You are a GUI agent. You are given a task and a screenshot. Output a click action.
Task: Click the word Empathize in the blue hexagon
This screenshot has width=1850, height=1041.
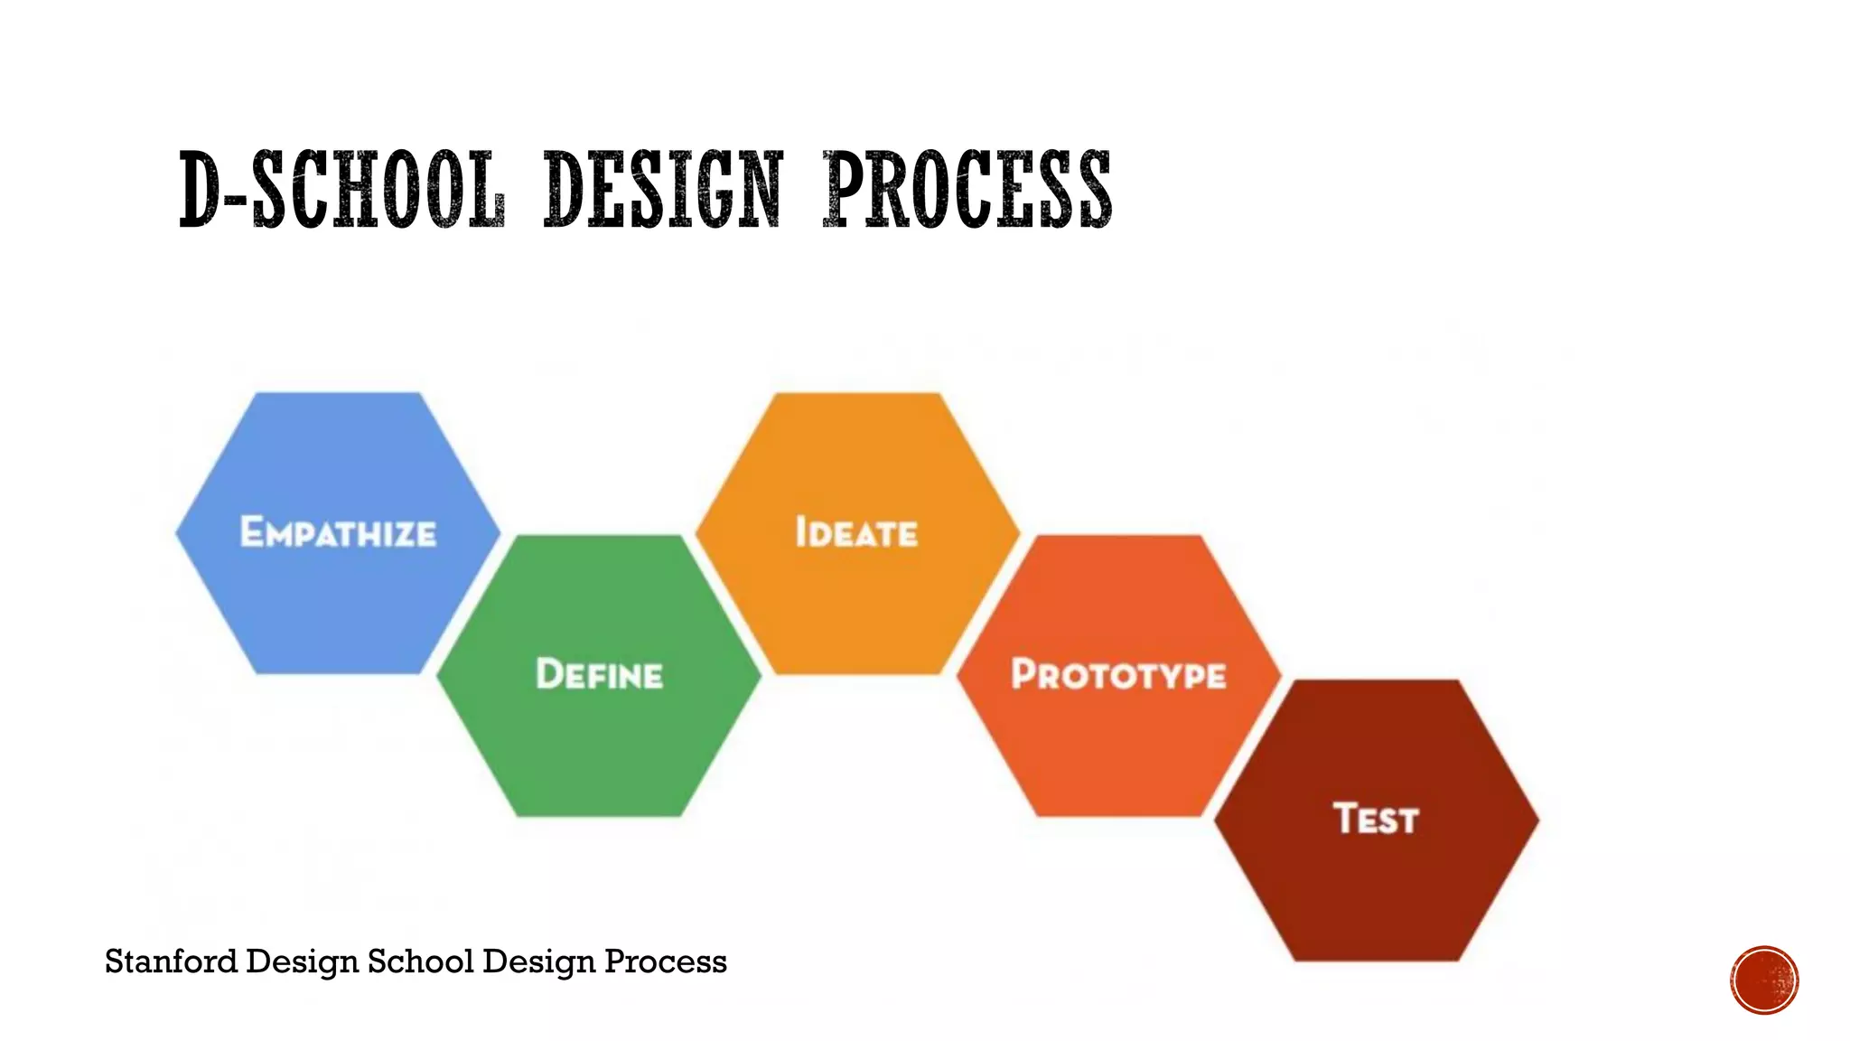pyautogui.click(x=338, y=532)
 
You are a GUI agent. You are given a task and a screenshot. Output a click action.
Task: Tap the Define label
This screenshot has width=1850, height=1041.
pyautogui.click(x=599, y=675)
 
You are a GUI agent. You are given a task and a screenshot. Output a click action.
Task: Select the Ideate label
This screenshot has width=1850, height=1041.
pyautogui.click(x=856, y=532)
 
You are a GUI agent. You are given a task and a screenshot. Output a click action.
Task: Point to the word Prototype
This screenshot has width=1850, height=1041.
pyautogui.click(x=1118, y=675)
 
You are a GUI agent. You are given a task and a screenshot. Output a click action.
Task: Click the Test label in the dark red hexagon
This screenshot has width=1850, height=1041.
pyautogui.click(x=1376, y=819)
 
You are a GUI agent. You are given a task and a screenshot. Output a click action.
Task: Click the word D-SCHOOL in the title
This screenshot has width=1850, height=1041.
pyautogui.click(x=341, y=190)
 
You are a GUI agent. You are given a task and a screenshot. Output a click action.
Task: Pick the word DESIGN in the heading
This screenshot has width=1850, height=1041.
pyautogui.click(x=663, y=190)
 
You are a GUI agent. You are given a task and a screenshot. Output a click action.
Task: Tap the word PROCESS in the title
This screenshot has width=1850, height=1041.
pyautogui.click(x=967, y=190)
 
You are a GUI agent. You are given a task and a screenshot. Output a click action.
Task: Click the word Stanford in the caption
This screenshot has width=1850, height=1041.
pyautogui.click(x=171, y=961)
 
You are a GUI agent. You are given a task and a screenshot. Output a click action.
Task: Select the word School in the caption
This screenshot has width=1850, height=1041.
pyautogui.click(x=420, y=961)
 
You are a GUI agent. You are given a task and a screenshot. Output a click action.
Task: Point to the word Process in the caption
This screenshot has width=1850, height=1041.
pyautogui.click(x=665, y=961)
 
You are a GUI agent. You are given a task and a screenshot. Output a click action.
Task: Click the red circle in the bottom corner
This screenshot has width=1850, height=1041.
pyautogui.click(x=1764, y=980)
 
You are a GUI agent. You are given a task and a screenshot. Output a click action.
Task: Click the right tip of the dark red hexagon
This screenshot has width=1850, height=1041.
pyautogui.click(x=1537, y=820)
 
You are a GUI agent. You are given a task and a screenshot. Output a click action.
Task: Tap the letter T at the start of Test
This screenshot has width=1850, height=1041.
pyautogui.click(x=1345, y=818)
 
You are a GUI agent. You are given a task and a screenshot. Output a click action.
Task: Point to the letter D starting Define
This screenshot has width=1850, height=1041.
pyautogui.click(x=548, y=674)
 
